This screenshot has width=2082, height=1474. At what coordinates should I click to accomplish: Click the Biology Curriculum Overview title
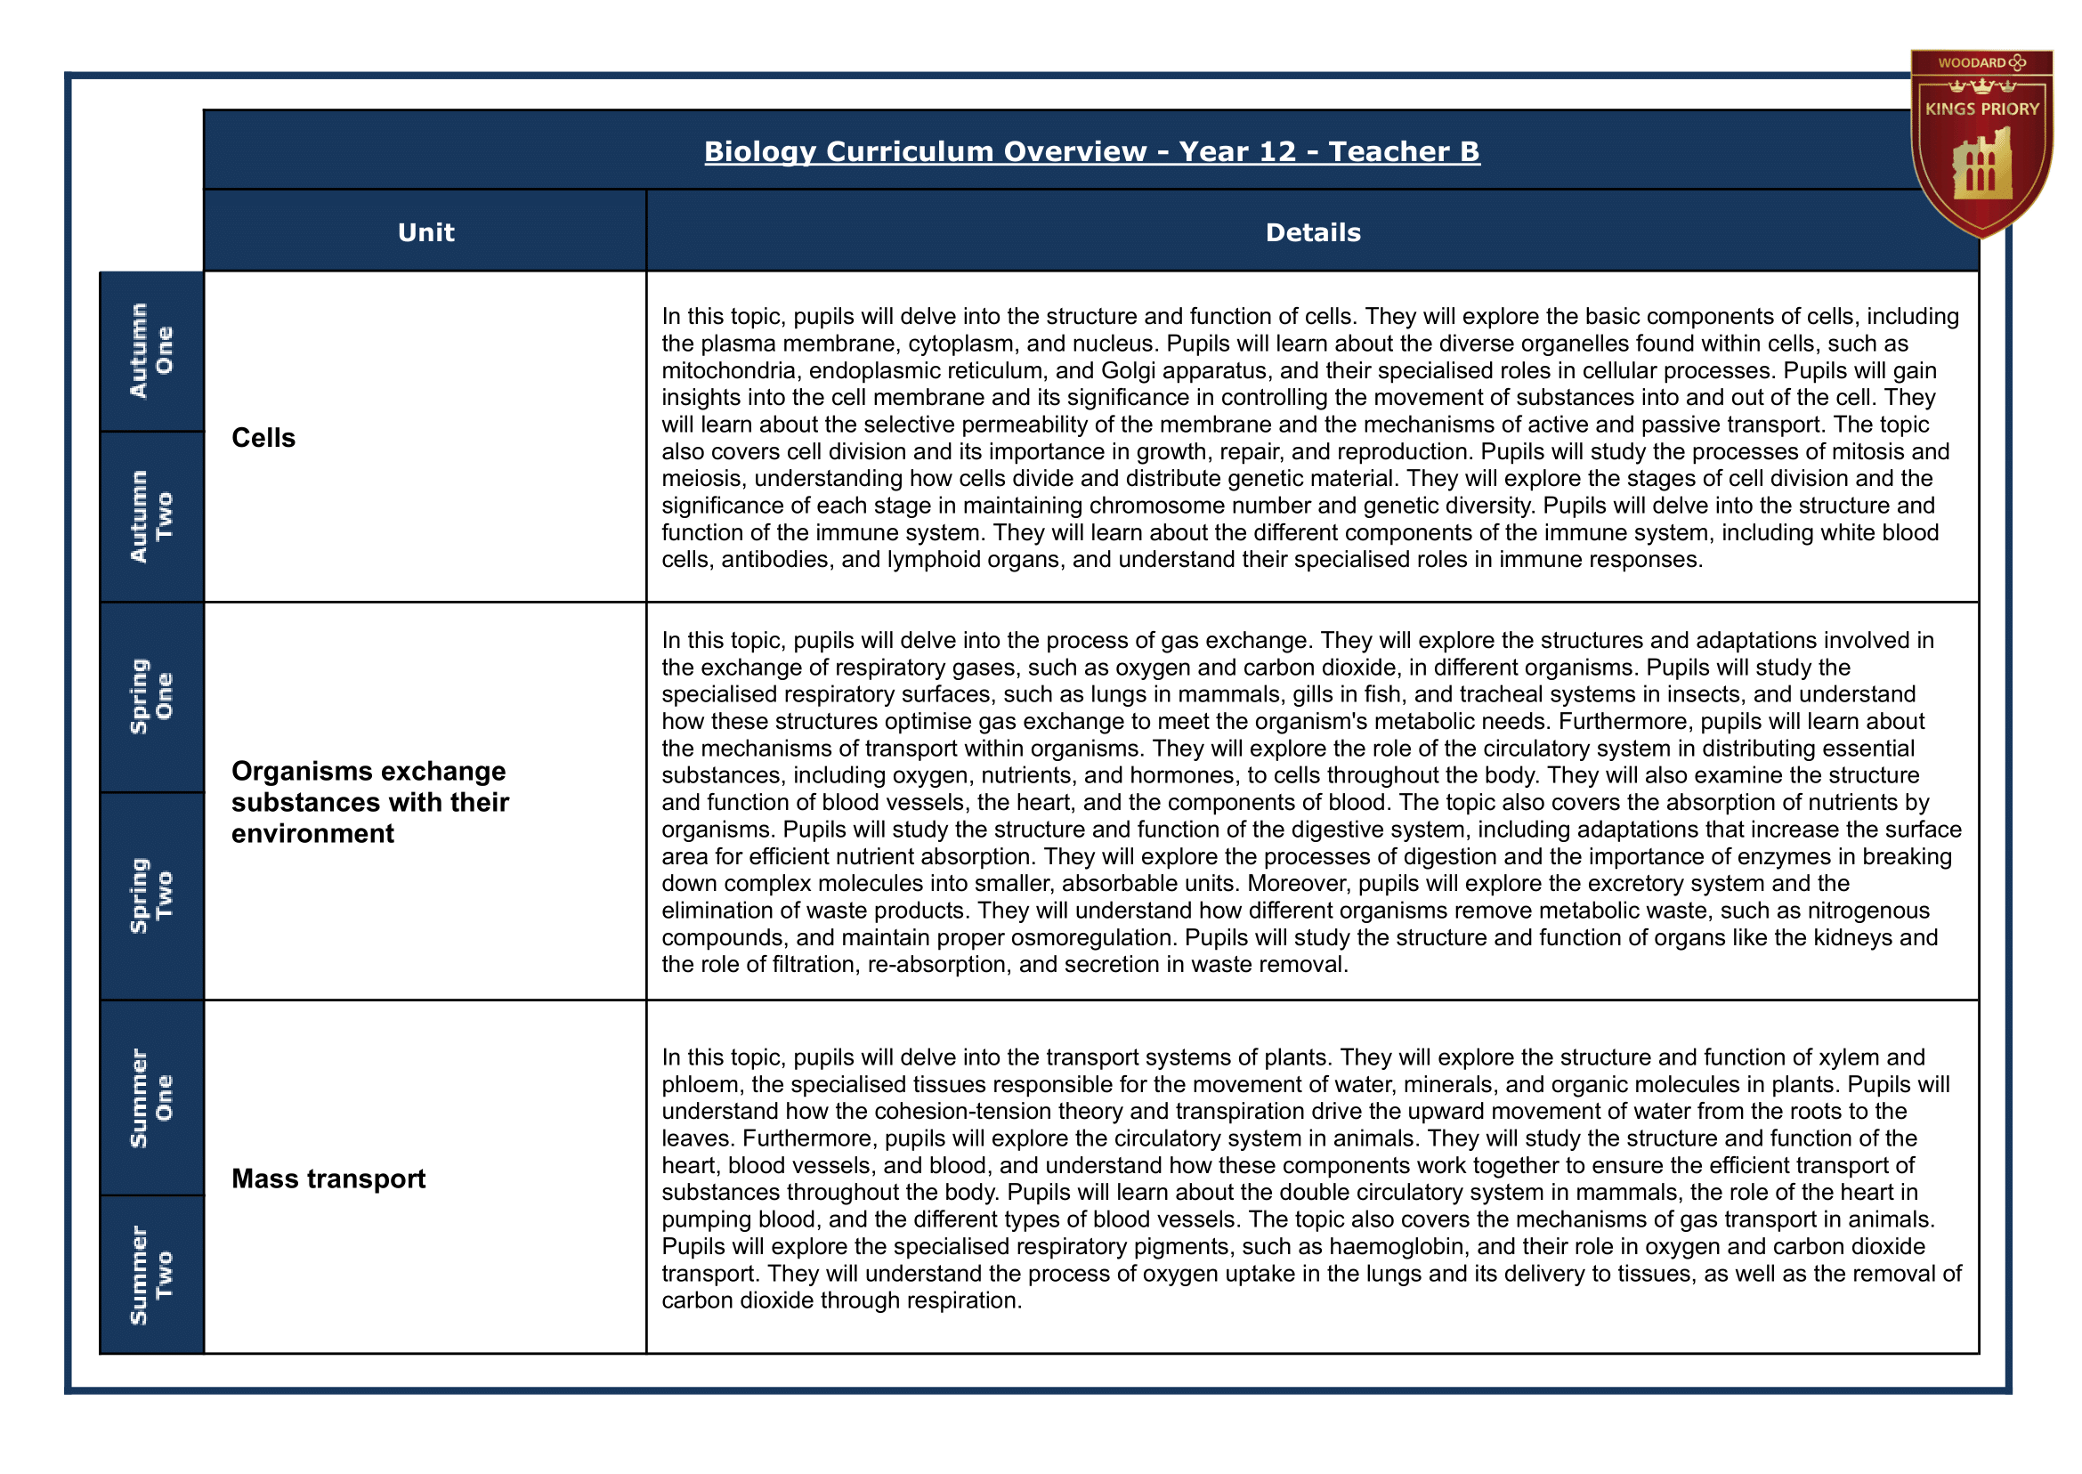tap(1091, 151)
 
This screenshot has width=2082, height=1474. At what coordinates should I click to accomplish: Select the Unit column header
tap(425, 232)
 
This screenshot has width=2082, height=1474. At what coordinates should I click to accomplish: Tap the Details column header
tap(1312, 232)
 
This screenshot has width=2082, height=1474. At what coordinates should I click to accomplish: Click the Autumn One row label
tap(150, 351)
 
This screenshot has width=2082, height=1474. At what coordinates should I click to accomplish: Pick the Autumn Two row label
tap(150, 516)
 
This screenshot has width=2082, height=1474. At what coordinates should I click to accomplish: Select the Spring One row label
tap(150, 696)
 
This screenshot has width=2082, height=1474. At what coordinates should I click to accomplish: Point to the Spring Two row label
tap(150, 895)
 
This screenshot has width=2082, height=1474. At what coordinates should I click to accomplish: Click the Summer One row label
tap(150, 1098)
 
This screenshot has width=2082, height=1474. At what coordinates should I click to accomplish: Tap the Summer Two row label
tap(150, 1276)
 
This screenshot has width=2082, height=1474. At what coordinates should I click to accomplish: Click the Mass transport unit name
tap(328, 1178)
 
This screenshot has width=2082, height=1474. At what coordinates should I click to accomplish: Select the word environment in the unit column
tap(312, 833)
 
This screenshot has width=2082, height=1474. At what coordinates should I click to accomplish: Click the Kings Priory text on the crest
tap(1982, 109)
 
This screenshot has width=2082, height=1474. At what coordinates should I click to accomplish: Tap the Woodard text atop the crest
tap(1972, 62)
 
